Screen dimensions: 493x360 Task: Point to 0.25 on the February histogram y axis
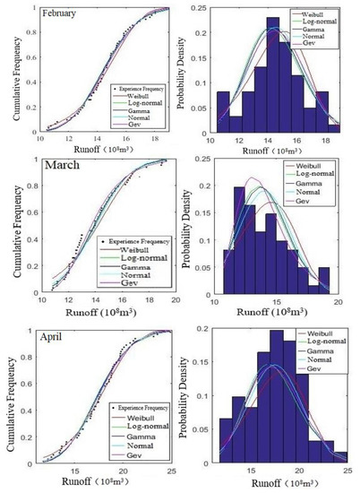click(x=197, y=7)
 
